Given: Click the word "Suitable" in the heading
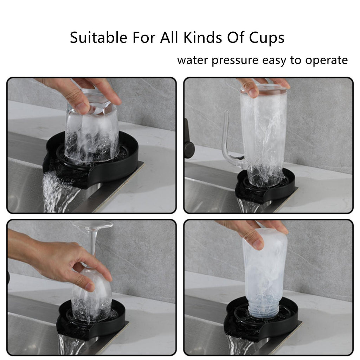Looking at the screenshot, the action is (x=98, y=37).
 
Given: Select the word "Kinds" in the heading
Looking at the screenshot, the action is (x=203, y=37).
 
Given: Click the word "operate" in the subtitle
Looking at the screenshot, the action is (x=327, y=60).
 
